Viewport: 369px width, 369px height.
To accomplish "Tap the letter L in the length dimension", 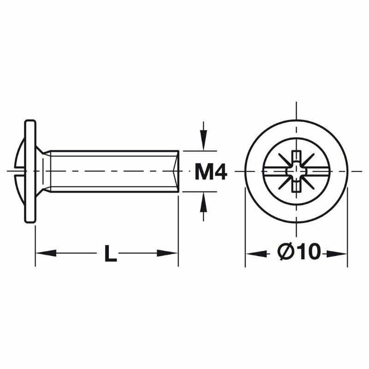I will click(110, 254).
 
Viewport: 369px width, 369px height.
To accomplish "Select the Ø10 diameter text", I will click(298, 252).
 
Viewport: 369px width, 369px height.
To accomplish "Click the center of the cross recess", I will click(296, 172).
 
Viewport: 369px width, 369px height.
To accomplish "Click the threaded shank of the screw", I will click(111, 171).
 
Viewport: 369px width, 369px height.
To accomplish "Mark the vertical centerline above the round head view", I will click(296, 111).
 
